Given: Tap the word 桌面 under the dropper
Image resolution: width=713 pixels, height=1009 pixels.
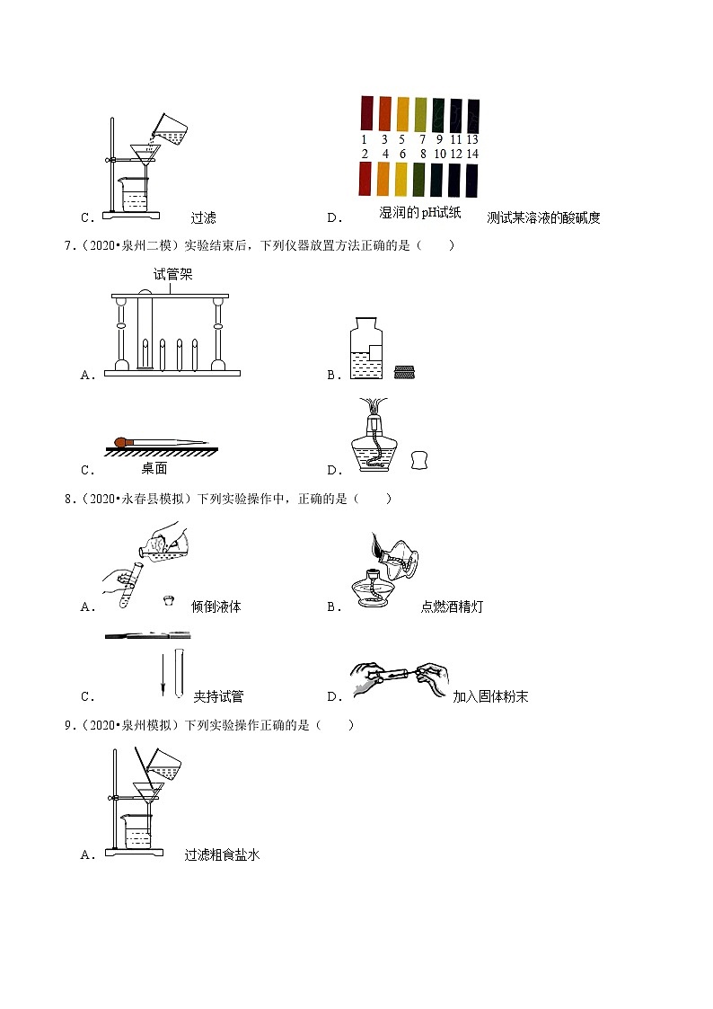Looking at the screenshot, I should (x=154, y=468).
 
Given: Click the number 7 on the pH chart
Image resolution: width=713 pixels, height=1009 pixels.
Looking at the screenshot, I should (x=422, y=139).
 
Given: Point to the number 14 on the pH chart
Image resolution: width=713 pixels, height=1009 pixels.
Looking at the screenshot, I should (x=472, y=154).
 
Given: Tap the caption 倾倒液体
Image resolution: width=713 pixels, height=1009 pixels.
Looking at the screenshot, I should (x=216, y=606).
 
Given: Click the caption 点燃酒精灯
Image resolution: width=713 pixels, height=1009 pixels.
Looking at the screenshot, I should (x=452, y=606).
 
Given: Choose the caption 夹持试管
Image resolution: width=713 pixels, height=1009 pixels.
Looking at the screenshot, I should (x=218, y=696).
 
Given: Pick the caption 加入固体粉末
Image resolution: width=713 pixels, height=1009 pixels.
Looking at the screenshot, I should (x=490, y=696).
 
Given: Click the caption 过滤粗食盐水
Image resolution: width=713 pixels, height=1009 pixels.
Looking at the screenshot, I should (x=222, y=855).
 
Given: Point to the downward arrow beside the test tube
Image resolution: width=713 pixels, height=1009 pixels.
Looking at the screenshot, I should (x=163, y=674).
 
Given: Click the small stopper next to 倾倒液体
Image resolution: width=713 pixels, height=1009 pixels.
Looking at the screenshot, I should (x=168, y=600).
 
